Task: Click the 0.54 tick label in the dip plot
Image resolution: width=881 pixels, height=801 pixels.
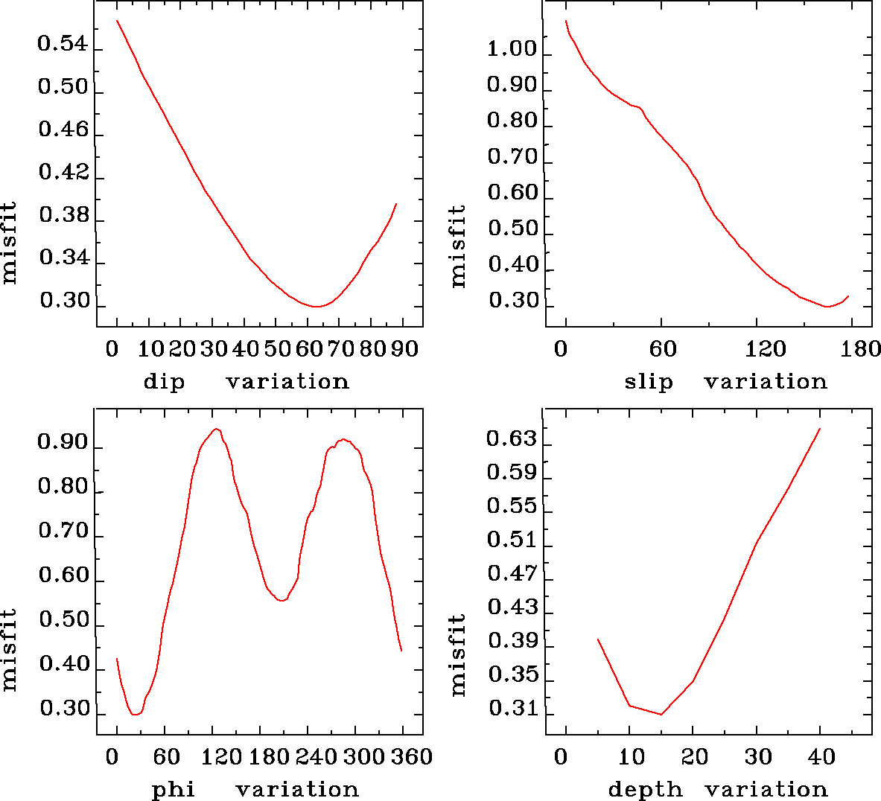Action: point(63,44)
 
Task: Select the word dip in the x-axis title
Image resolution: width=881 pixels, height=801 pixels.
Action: point(164,382)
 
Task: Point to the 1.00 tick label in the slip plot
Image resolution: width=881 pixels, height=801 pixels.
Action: point(512,50)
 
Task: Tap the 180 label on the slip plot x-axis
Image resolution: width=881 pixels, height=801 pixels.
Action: point(864,349)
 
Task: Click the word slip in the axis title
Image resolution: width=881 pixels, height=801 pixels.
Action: point(649,382)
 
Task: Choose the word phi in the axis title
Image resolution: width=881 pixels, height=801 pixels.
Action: point(174,789)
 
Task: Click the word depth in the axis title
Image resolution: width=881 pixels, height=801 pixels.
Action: point(645,789)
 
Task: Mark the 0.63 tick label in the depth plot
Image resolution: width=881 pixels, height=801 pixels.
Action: point(512,438)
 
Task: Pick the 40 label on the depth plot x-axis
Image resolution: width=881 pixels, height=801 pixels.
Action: point(821,756)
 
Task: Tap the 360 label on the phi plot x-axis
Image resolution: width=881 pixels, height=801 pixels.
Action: point(412,756)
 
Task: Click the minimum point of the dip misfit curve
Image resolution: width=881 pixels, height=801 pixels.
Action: point(317,306)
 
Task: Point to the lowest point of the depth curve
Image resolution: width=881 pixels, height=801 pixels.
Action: point(661,714)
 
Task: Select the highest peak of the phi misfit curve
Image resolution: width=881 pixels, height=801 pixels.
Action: point(216,429)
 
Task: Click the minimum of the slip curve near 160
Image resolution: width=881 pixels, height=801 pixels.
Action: point(827,306)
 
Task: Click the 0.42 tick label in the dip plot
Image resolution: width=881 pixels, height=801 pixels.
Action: point(63,173)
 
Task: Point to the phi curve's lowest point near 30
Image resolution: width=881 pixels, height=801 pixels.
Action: point(135,714)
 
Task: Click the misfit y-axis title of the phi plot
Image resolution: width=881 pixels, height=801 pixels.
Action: point(9,649)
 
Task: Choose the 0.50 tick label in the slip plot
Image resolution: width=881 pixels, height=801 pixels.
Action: point(512,229)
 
